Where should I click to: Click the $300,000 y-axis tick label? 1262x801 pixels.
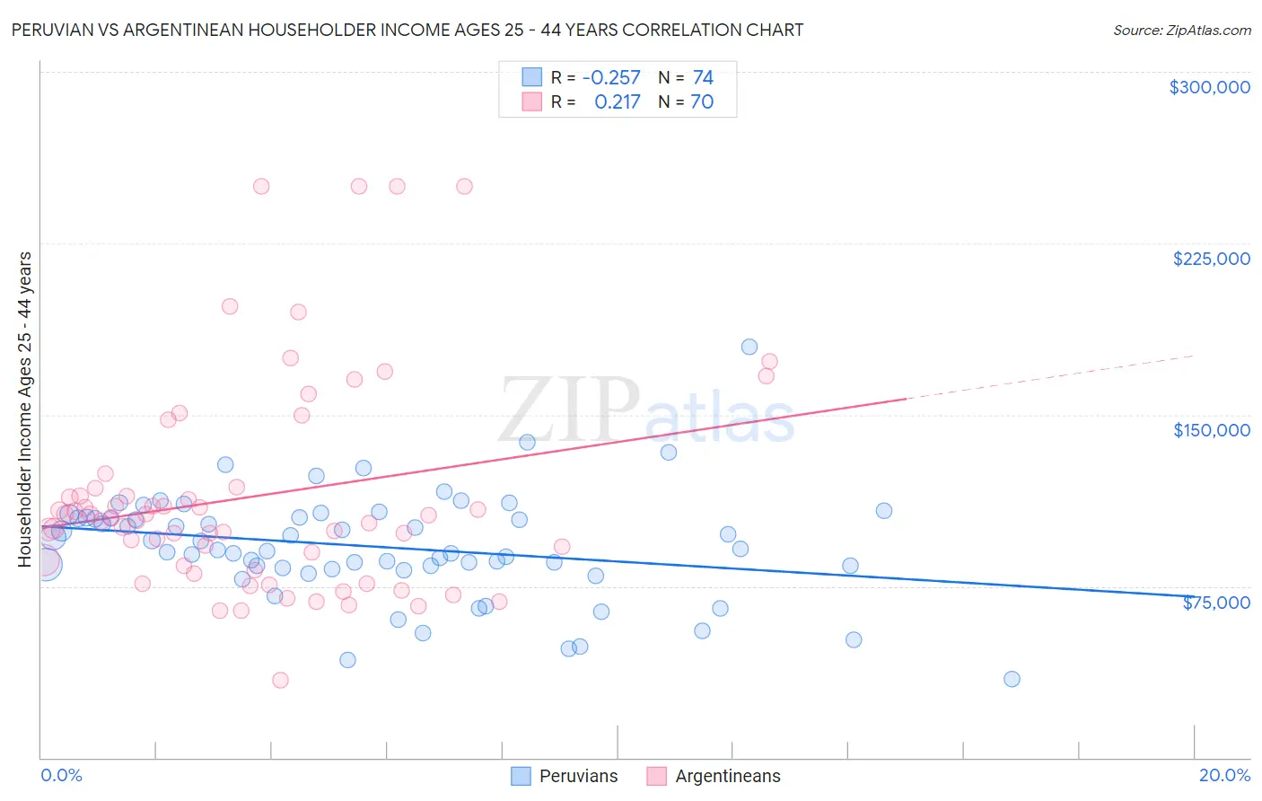coord(1209,87)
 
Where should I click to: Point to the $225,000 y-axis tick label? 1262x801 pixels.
coord(1211,259)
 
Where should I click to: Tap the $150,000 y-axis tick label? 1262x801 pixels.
coord(1211,430)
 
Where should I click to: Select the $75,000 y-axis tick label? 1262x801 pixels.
coord(1215,603)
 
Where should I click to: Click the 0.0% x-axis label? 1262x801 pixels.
coord(61,775)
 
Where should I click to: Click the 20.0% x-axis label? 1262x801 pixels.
coord(1224,775)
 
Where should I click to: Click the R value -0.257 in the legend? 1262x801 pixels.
coord(611,78)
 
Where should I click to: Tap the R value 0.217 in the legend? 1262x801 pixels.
coord(617,102)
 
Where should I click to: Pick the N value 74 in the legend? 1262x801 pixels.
coord(703,78)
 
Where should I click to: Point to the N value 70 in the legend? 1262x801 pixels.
coord(702,102)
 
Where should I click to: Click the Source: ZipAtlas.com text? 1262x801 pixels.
coord(1181,30)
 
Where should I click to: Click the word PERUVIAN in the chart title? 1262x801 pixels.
coord(51,30)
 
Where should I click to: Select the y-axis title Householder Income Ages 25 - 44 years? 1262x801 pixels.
coord(24,409)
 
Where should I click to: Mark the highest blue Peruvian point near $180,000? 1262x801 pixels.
coord(749,347)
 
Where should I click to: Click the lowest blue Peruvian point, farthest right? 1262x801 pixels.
coord(1012,679)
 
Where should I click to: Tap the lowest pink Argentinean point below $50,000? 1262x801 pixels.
coord(280,680)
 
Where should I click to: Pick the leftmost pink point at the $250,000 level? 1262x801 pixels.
coord(261,187)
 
